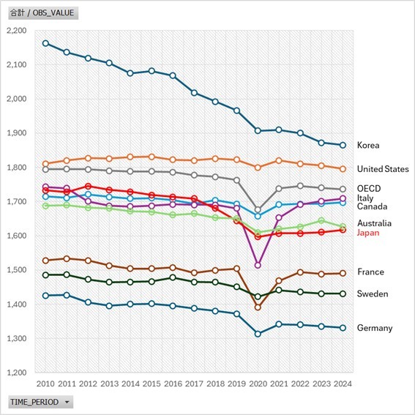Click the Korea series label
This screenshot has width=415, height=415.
367,146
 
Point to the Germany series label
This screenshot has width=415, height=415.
375,329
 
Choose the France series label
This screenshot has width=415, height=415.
370,272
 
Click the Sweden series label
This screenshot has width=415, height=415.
373,294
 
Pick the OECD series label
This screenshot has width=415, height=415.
369,188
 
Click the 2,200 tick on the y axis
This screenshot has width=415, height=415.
15,31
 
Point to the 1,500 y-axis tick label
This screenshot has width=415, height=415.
15,270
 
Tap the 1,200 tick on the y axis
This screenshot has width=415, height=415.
15,373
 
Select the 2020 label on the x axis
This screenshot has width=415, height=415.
258,383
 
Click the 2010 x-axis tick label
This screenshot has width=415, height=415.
45,383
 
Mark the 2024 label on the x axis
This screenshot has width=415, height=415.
343,383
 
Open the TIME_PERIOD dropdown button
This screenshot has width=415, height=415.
41,402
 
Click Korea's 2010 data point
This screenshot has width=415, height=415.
45,43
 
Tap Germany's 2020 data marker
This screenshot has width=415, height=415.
258,334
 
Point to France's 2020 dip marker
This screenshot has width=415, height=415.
258,307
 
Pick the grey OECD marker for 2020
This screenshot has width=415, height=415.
258,209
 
